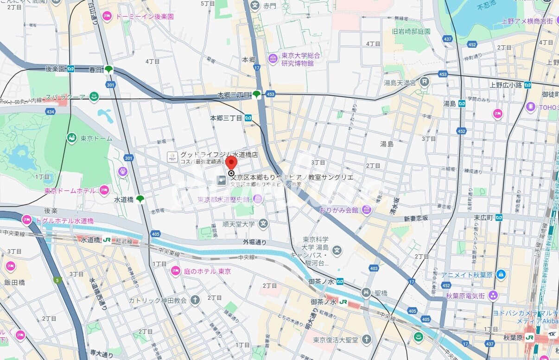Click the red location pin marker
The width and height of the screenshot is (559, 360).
pyautogui.click(x=231, y=164)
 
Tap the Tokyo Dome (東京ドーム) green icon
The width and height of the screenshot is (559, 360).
pyautogui.click(x=72, y=138)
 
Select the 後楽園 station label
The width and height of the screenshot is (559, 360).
pyautogui.click(x=56, y=69)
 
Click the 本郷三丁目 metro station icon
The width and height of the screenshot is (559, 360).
pyautogui.click(x=248, y=118)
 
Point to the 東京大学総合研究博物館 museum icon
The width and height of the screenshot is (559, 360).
pyautogui.click(x=273, y=58)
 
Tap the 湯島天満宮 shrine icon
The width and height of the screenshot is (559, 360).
pyautogui.click(x=424, y=82)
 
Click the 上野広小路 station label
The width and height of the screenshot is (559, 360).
pyautogui.click(x=506, y=84)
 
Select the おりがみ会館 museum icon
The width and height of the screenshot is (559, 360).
pyautogui.click(x=367, y=210)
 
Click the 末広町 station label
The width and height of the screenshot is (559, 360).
pyautogui.click(x=483, y=217)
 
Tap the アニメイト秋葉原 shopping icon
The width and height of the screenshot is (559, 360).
pyautogui.click(x=501, y=274)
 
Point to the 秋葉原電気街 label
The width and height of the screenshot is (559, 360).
pyautogui.click(x=465, y=296)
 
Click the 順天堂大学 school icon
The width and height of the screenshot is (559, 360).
pyautogui.click(x=263, y=224)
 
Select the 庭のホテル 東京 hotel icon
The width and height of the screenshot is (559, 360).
pyautogui.click(x=175, y=271)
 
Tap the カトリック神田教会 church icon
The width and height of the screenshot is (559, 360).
pyautogui.click(x=195, y=300)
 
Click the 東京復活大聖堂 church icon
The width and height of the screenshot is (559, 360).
pyautogui.click(x=367, y=340)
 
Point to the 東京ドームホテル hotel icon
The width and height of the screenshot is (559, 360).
pyautogui.click(x=104, y=190)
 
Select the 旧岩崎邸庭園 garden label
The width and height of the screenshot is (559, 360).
pyautogui.click(x=411, y=32)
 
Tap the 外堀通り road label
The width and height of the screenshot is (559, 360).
pyautogui.click(x=254, y=242)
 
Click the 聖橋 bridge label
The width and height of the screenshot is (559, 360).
pyautogui.click(x=381, y=293)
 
